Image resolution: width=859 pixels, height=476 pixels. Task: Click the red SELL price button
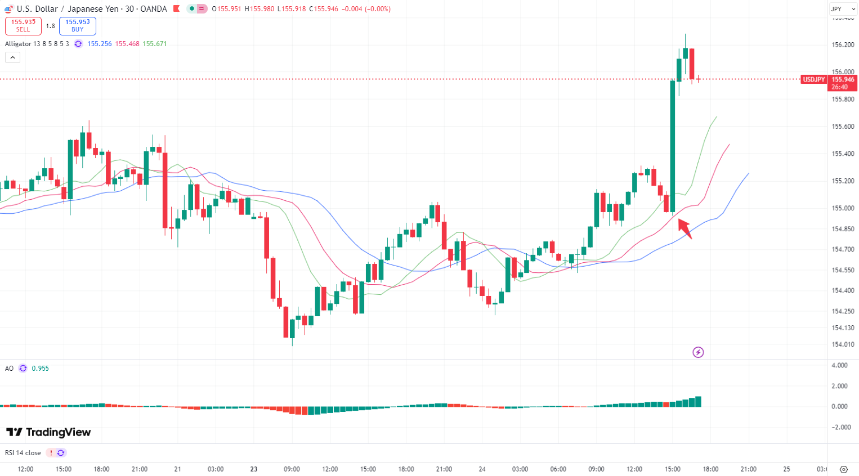pyautogui.click(x=23, y=26)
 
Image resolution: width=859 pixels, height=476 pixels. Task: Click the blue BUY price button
pyautogui.click(x=78, y=26)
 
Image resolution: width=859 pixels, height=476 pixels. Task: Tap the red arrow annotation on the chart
pyautogui.click(x=684, y=228)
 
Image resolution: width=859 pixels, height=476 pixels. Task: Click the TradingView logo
pyautogui.click(x=48, y=432)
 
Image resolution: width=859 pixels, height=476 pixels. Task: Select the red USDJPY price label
pyautogui.click(x=813, y=80)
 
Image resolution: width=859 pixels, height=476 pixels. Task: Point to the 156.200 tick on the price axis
pyautogui.click(x=843, y=45)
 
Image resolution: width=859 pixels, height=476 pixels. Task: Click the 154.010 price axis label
pyautogui.click(x=843, y=344)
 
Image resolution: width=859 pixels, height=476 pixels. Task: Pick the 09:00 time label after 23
pyautogui.click(x=292, y=469)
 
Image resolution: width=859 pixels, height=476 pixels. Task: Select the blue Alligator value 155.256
pyautogui.click(x=100, y=44)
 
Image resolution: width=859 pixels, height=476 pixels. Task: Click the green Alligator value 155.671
pyautogui.click(x=155, y=44)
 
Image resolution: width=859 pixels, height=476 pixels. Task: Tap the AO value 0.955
pyautogui.click(x=40, y=369)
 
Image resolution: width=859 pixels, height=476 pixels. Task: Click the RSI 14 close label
pyautogui.click(x=23, y=453)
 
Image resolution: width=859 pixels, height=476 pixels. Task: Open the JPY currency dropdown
pyautogui.click(x=843, y=9)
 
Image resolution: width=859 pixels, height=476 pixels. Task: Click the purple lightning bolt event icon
pyautogui.click(x=698, y=352)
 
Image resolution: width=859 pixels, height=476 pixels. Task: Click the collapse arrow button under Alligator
pyautogui.click(x=12, y=57)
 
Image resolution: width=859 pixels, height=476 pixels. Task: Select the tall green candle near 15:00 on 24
pyautogui.click(x=672, y=146)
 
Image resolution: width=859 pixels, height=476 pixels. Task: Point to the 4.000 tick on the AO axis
pyautogui.click(x=839, y=366)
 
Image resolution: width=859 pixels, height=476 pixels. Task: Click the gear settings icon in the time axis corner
pyautogui.click(x=843, y=469)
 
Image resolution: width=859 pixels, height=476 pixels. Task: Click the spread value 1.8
pyautogui.click(x=51, y=26)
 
